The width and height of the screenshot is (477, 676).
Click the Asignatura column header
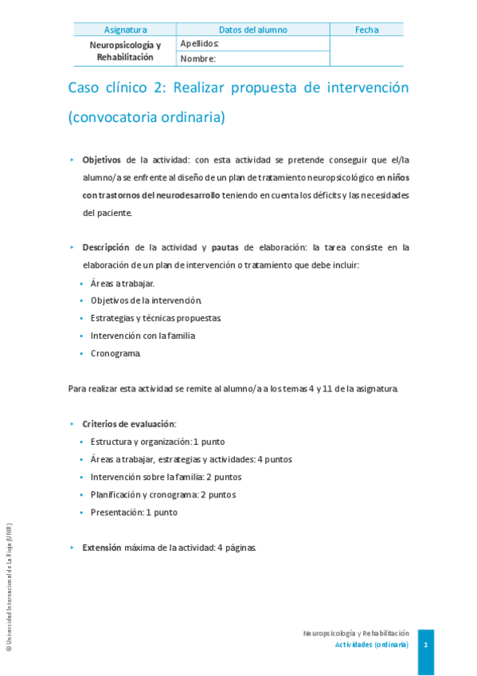125,30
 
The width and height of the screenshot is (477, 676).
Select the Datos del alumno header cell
252,30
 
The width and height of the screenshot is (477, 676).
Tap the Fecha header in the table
366,30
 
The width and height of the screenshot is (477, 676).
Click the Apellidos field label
200,44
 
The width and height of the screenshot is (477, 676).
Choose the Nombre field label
198,58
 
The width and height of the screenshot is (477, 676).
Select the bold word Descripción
106,248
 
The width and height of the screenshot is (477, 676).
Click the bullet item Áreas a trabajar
123,283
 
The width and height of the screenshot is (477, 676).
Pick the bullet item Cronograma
115,353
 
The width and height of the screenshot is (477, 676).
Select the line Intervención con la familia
143,336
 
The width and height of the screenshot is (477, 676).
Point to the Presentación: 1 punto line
134,513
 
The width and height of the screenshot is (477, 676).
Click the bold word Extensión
102,548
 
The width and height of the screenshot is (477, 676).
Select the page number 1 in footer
426,644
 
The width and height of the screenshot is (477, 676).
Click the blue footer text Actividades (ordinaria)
372,644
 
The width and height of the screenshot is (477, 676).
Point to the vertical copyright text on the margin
9,591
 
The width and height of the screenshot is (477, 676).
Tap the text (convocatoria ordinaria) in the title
147,117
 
